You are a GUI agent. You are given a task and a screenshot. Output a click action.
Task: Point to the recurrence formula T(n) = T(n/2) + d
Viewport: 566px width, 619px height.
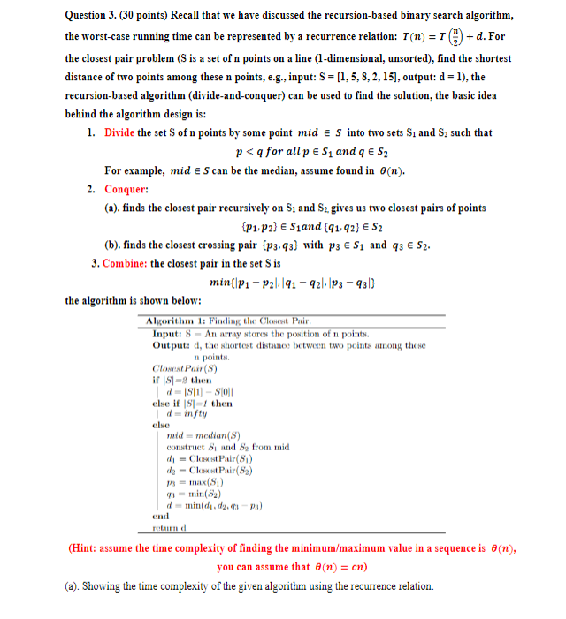click(x=424, y=37)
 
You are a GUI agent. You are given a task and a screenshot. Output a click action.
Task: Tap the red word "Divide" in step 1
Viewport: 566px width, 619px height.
click(x=119, y=132)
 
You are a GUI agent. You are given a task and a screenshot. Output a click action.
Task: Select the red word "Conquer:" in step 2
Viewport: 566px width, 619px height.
click(x=126, y=189)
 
